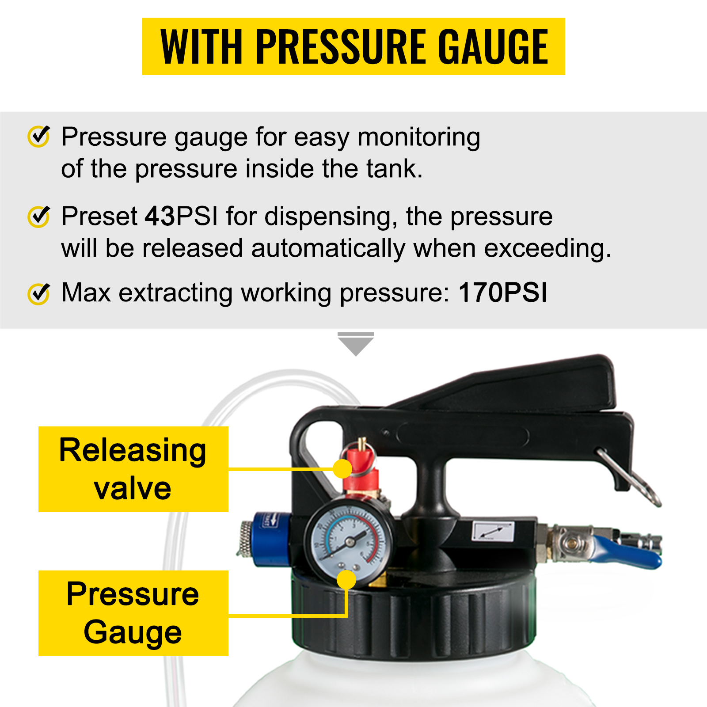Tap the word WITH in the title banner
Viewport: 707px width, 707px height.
pyautogui.click(x=201, y=47)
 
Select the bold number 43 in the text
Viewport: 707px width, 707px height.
pyautogui.click(x=160, y=217)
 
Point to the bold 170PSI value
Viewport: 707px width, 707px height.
pyautogui.click(x=503, y=293)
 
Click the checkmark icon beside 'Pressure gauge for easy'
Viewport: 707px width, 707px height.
pyautogui.click(x=39, y=136)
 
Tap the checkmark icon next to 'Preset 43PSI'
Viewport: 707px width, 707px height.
pyautogui.click(x=39, y=217)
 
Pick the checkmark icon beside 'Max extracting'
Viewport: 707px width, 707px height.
pyautogui.click(x=39, y=293)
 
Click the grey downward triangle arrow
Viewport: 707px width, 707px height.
pyautogui.click(x=356, y=345)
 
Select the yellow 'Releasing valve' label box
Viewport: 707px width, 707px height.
pyautogui.click(x=133, y=469)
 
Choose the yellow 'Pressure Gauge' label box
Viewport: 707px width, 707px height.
pyautogui.click(x=133, y=613)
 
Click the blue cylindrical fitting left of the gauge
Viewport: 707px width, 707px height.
pyautogui.click(x=272, y=539)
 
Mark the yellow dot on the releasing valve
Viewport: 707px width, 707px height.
pyautogui.click(x=342, y=469)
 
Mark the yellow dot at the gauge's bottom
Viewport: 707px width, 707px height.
pyautogui.click(x=346, y=580)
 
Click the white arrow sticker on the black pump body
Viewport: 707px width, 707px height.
pyautogui.click(x=493, y=532)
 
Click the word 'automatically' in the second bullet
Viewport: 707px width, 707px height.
pyautogui.click(x=328, y=248)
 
